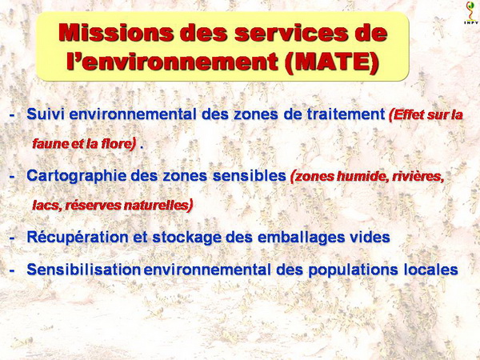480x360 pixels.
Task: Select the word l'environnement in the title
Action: pos(172,62)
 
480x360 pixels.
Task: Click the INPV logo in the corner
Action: pos(471,13)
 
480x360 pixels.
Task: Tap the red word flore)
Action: pos(118,143)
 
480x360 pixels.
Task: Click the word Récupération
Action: pos(78,238)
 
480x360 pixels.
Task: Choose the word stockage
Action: pos(186,238)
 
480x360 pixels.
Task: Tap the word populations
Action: pos(353,270)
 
